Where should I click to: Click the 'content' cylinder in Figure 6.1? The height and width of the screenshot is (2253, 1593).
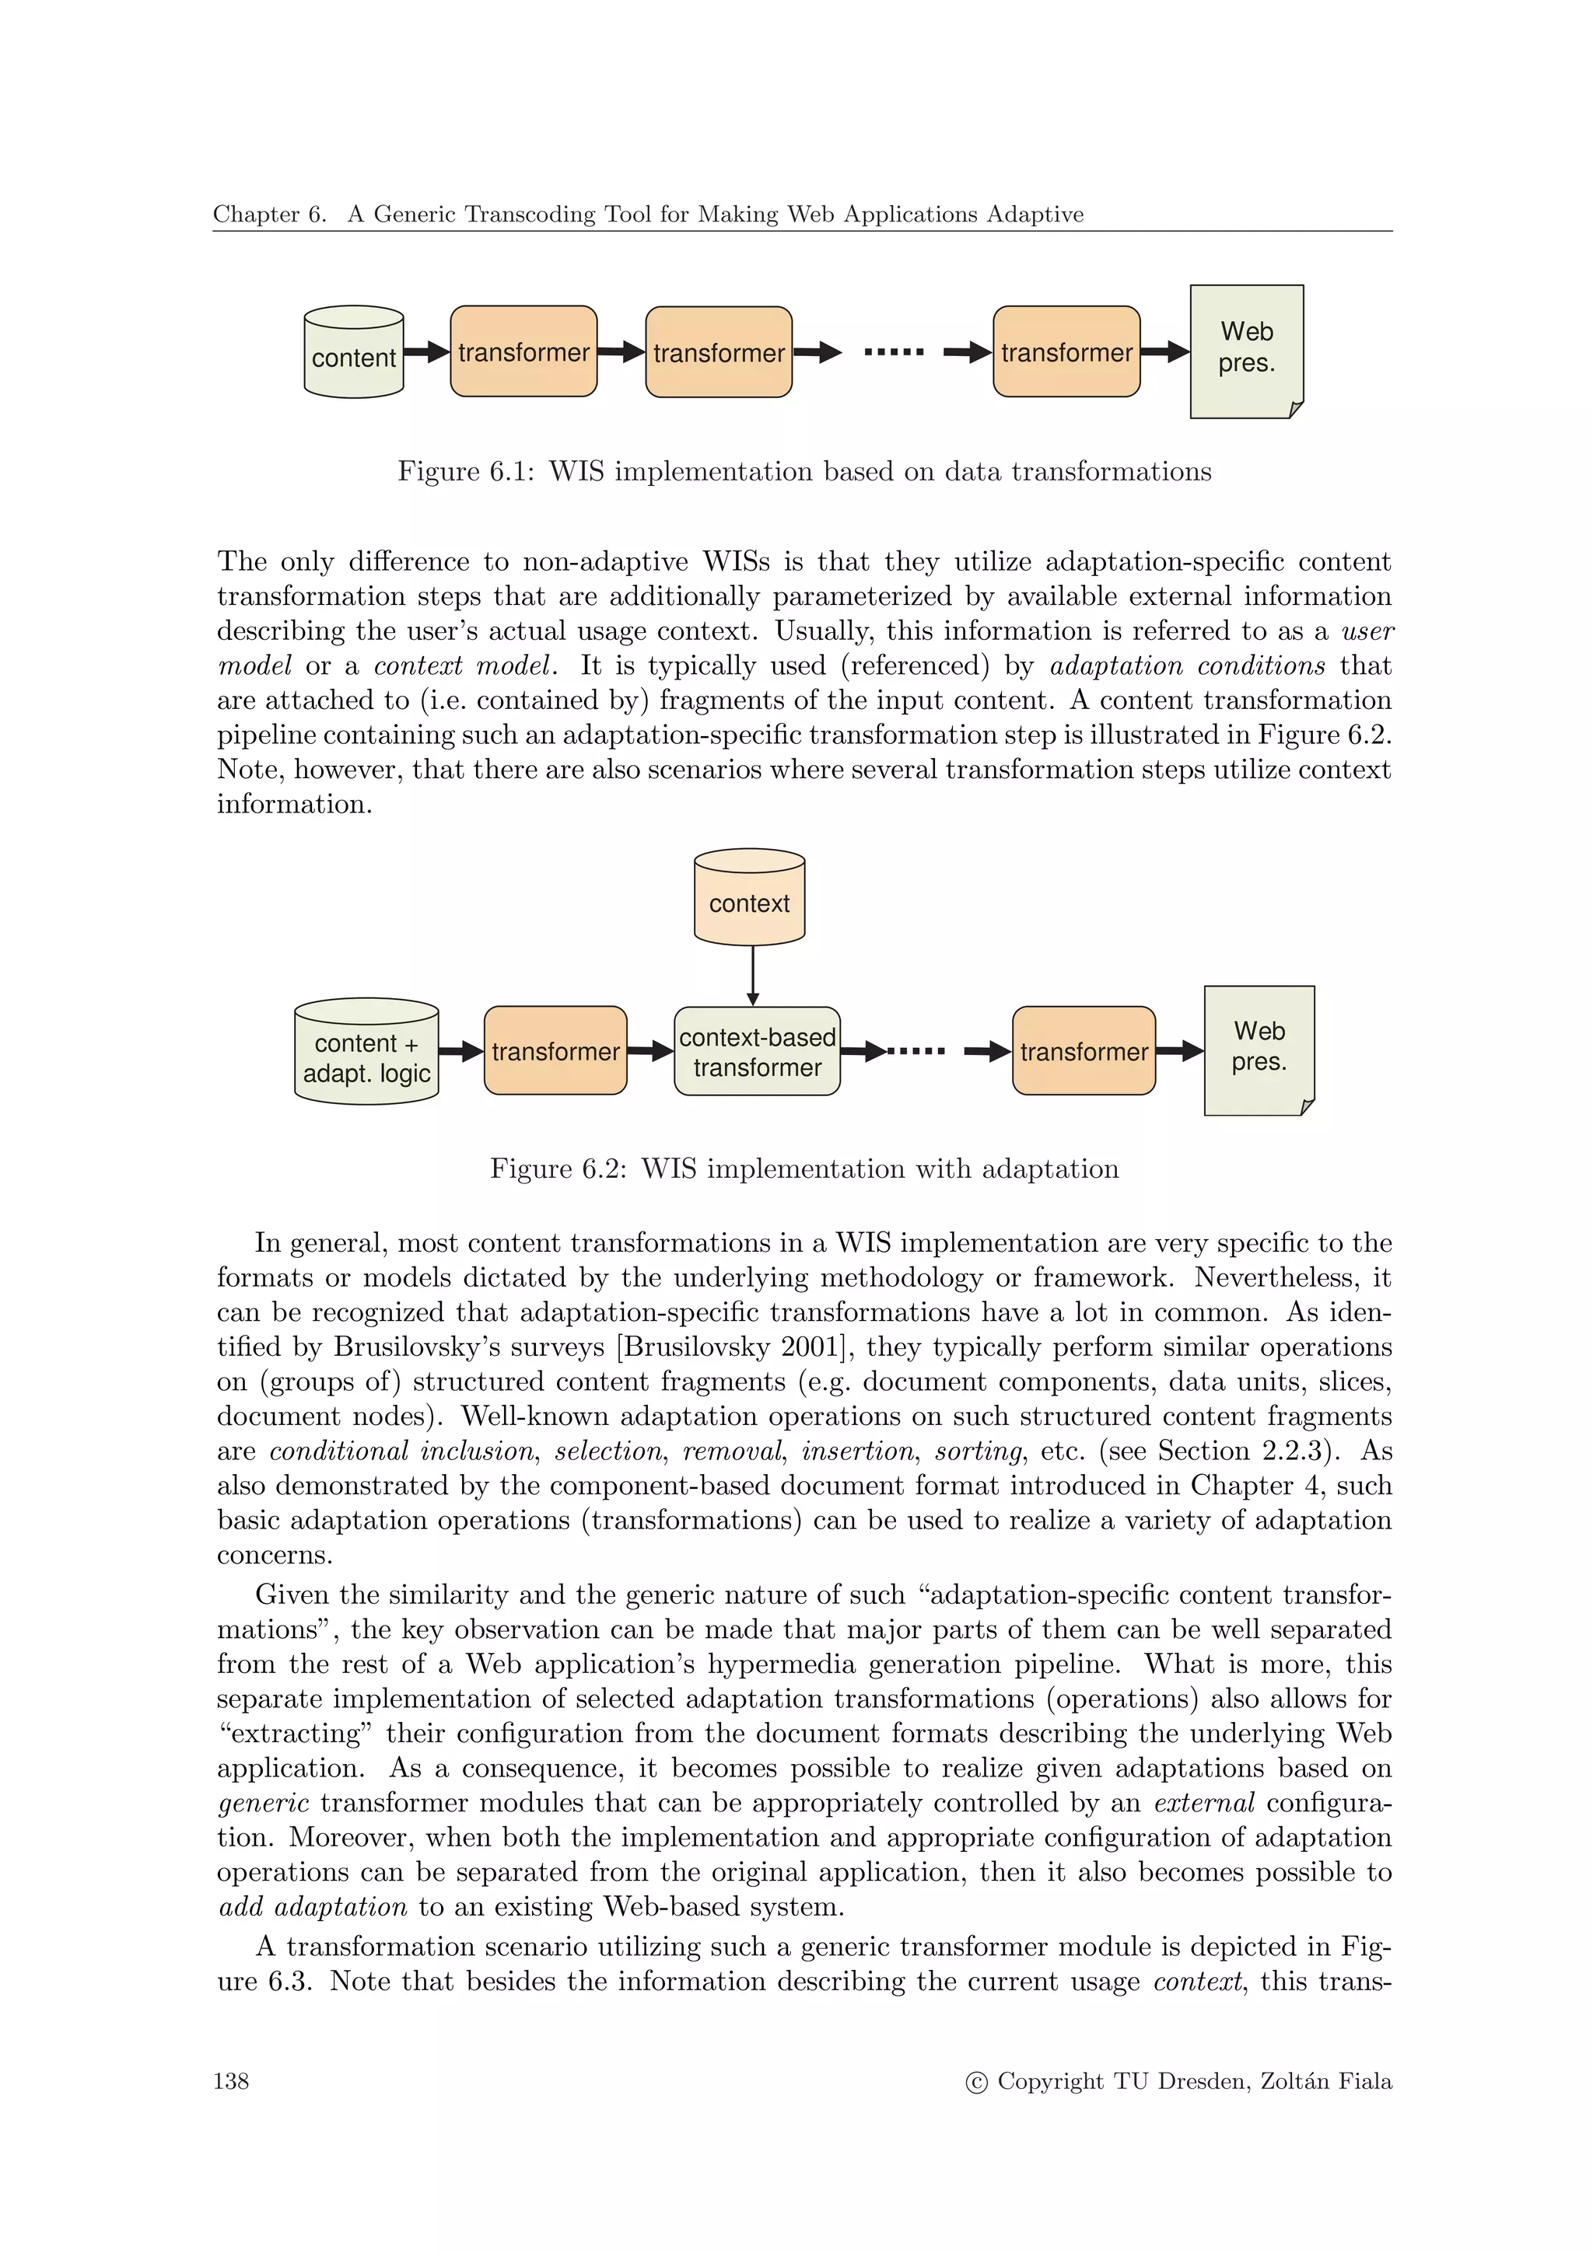pos(353,352)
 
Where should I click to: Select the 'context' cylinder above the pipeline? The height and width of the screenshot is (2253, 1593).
pos(749,898)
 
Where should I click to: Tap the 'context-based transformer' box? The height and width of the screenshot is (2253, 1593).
pos(757,1052)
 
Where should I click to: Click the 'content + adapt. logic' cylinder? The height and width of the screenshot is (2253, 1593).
pos(366,1053)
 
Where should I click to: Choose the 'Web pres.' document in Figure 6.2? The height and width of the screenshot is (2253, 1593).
pos(1259,1048)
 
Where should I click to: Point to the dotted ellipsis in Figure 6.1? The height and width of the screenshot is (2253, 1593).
pos(893,351)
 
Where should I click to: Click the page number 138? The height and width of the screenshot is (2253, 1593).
pos(231,2081)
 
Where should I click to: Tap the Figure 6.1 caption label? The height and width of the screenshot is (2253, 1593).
pos(465,472)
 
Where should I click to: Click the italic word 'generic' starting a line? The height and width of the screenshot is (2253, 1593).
pos(263,1803)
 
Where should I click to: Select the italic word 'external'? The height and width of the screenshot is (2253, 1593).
pos(1204,1803)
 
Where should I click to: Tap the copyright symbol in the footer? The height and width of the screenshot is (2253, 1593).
pos(977,2082)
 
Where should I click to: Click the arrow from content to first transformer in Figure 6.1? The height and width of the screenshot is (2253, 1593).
pos(426,352)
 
